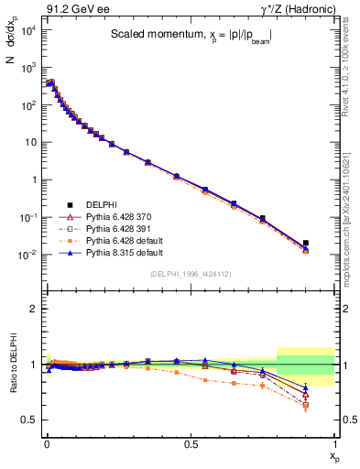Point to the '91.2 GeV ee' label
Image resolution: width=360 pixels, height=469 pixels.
71,9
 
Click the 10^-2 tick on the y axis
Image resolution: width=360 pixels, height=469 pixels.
28,255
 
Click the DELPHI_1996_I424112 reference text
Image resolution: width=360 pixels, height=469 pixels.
191,272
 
